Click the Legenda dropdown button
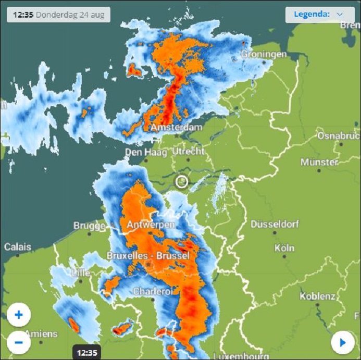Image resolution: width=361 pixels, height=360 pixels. [x=319, y=15]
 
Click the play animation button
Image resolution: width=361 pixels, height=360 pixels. [x=342, y=342]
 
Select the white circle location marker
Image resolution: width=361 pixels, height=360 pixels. [x=181, y=181]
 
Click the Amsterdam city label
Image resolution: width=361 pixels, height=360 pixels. [x=176, y=128]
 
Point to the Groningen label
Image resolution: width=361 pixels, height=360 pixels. [x=264, y=54]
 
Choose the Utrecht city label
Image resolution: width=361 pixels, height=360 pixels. [x=189, y=152]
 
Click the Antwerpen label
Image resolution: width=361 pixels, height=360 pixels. [x=148, y=224]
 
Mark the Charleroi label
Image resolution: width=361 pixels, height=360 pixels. [x=153, y=292]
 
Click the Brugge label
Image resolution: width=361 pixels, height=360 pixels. [x=89, y=226]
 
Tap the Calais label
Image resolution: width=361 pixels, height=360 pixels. [x=18, y=247]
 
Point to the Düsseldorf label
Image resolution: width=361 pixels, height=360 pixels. [x=275, y=225]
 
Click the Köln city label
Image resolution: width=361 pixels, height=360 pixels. [x=284, y=248]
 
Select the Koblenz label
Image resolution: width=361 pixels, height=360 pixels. [x=317, y=296]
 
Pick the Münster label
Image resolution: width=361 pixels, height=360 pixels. [x=319, y=163]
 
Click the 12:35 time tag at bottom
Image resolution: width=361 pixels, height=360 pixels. [x=86, y=353]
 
